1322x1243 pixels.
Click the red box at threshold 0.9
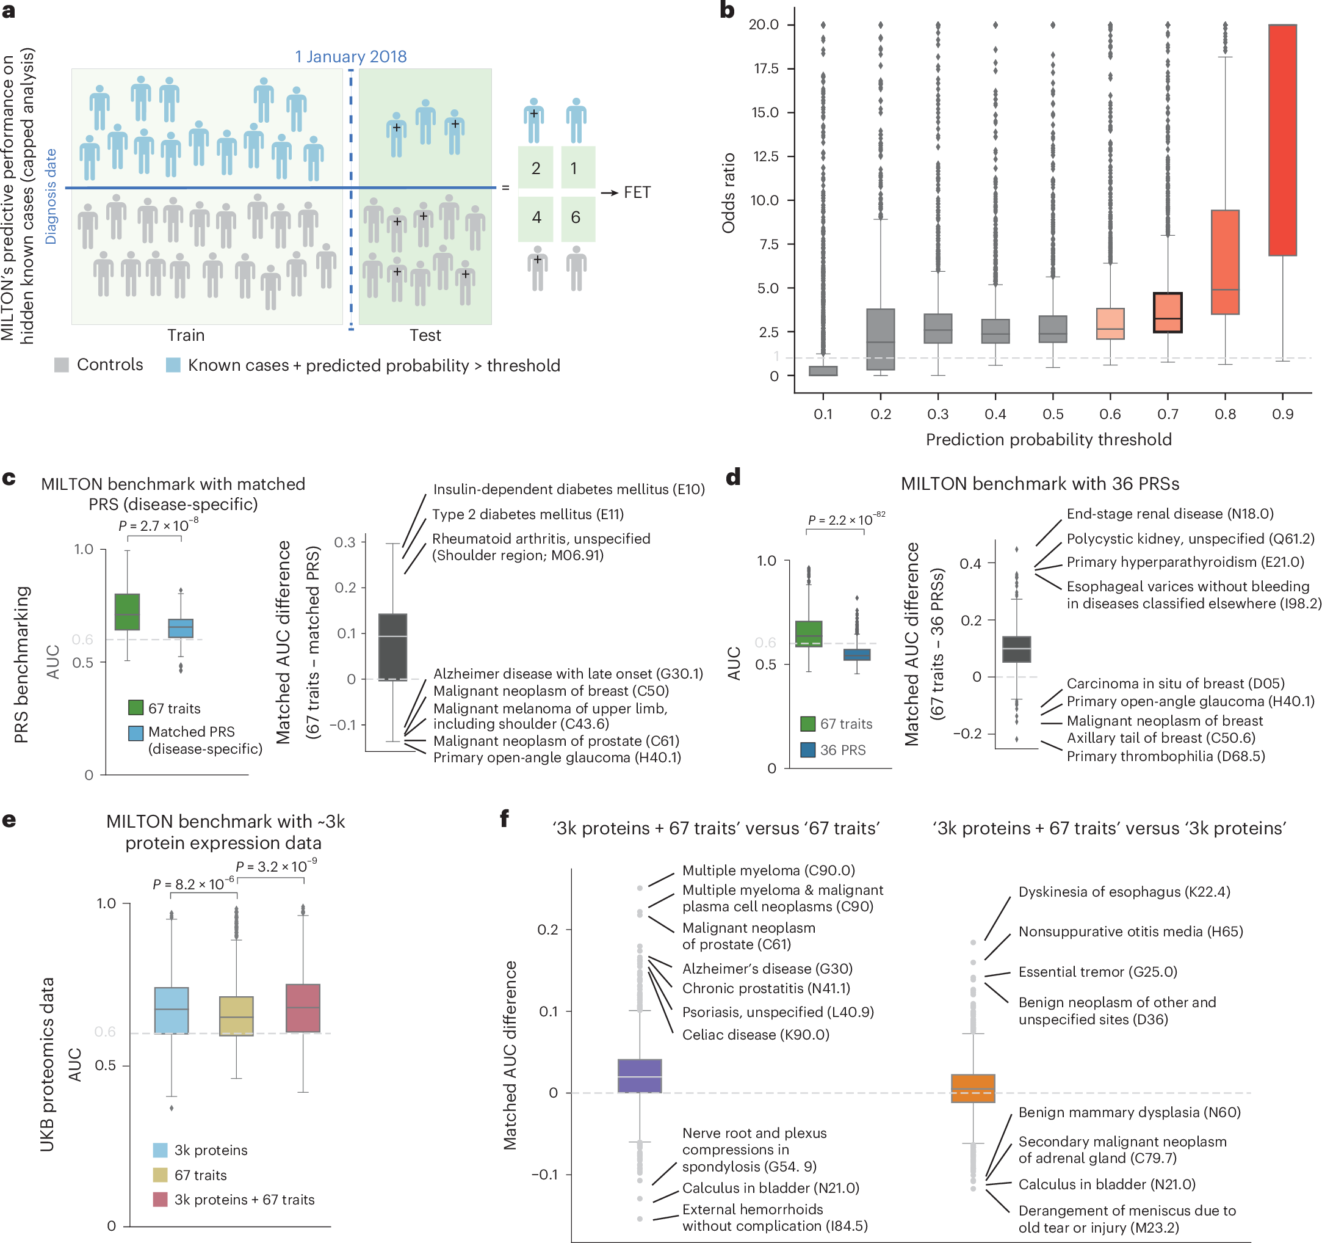(1282, 140)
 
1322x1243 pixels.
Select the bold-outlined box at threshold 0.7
(1167, 313)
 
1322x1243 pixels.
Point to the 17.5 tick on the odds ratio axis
(765, 68)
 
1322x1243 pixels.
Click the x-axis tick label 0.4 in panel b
(995, 414)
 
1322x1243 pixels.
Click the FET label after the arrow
(637, 192)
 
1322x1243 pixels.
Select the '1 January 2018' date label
(350, 57)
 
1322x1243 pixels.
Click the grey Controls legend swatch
(61, 365)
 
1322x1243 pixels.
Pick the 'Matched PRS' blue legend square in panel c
(135, 732)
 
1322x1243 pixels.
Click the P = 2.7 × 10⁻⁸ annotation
(158, 525)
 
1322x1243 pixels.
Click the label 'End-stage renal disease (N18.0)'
(1169, 514)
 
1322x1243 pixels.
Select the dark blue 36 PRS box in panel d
(856, 654)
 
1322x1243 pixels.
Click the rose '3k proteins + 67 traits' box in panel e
(303, 1007)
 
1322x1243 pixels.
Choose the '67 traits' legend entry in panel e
(200, 1175)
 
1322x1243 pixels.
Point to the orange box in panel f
(972, 1088)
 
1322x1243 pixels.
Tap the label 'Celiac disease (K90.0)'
(756, 1035)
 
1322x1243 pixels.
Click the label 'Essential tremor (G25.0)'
(1097, 972)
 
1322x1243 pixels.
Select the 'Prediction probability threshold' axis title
(1048, 439)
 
